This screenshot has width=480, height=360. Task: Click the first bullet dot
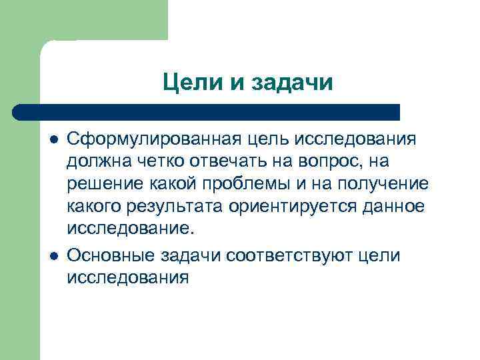click(x=53, y=141)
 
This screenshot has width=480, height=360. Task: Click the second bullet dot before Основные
click(x=53, y=257)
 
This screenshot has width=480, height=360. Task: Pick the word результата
click(x=173, y=207)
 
